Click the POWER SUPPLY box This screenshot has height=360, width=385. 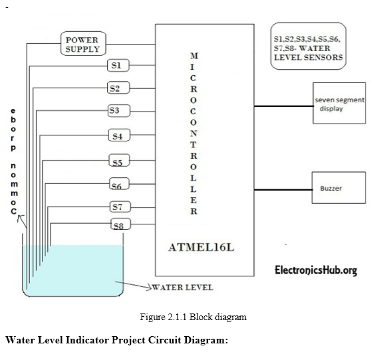point(82,45)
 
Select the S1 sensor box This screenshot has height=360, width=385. point(117,66)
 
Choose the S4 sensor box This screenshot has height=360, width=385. point(117,136)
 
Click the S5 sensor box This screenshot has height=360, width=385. point(117,162)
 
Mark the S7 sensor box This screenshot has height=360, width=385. point(117,207)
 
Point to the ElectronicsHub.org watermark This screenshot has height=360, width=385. point(316,270)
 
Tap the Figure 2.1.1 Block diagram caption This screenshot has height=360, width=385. point(193,317)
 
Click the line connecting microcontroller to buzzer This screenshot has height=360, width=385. point(284,189)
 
